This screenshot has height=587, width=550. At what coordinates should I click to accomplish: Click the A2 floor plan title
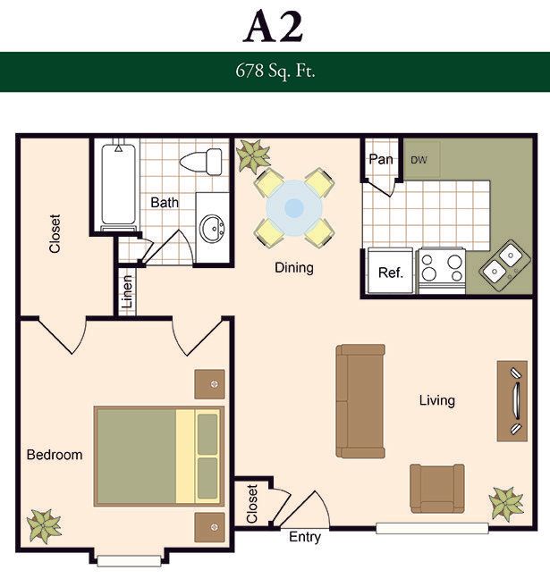(273, 27)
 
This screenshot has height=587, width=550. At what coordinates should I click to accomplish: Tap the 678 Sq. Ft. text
(275, 71)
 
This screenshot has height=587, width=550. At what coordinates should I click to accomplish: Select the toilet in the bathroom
(201, 162)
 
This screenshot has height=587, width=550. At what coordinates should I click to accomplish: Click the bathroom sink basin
(212, 229)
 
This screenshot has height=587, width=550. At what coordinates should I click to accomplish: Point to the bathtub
(118, 184)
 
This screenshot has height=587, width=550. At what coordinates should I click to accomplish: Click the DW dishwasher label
(419, 160)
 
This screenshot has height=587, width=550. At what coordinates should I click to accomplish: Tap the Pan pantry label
(381, 159)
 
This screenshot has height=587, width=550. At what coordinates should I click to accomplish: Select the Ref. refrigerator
(391, 270)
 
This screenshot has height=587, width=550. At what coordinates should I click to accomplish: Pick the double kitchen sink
(504, 265)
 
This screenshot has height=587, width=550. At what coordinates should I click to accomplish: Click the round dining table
(294, 208)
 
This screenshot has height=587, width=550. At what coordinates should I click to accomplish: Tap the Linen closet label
(127, 291)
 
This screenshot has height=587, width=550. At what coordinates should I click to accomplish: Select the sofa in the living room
(360, 401)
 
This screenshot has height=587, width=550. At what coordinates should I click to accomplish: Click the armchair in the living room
(437, 488)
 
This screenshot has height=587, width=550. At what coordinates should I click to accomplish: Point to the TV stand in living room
(512, 401)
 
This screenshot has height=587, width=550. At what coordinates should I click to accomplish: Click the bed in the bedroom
(159, 456)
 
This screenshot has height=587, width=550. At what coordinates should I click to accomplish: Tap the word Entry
(305, 537)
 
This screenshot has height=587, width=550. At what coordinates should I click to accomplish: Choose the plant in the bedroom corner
(44, 526)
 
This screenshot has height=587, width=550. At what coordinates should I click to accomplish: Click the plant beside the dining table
(253, 155)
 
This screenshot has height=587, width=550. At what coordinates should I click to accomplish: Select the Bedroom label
(55, 455)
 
